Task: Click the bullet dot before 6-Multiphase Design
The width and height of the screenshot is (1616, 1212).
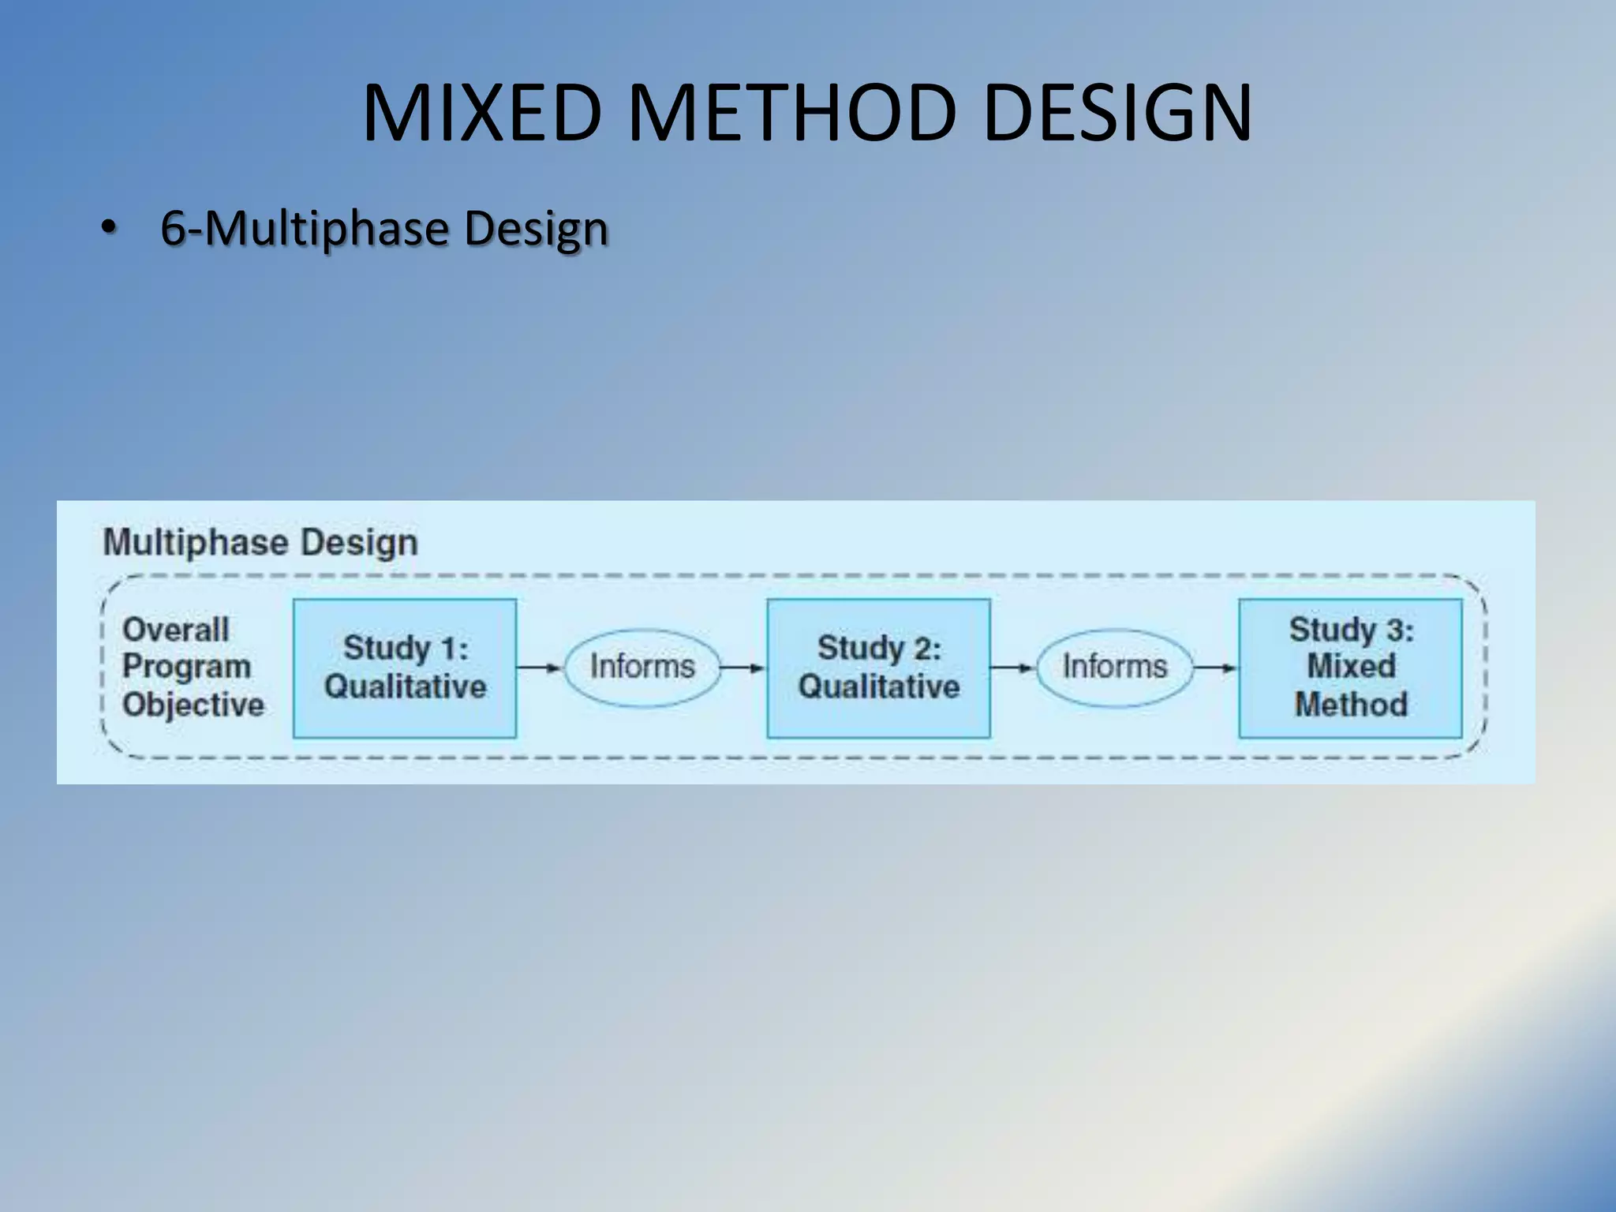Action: pyautogui.click(x=108, y=229)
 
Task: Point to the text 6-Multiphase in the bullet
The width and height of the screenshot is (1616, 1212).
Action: pyautogui.click(x=305, y=229)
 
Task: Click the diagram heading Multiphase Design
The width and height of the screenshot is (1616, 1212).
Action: pyautogui.click(x=260, y=543)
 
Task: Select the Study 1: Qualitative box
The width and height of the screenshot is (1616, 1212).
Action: pyautogui.click(x=405, y=668)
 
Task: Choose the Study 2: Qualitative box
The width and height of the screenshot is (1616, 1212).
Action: pyautogui.click(x=878, y=668)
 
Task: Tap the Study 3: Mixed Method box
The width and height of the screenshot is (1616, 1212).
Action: pyautogui.click(x=1350, y=668)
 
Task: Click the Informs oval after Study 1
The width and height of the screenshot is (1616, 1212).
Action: pyautogui.click(x=642, y=667)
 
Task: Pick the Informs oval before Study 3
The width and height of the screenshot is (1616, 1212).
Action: pyautogui.click(x=1114, y=667)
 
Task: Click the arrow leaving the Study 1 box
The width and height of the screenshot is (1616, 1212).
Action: pyautogui.click(x=539, y=668)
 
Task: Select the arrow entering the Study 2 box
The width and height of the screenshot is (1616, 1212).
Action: pyautogui.click(x=743, y=668)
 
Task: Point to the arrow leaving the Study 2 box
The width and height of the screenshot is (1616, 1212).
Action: pyautogui.click(x=1012, y=668)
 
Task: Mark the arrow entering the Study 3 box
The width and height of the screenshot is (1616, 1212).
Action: pyautogui.click(x=1215, y=668)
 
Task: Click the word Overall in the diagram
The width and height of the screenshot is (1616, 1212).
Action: pyautogui.click(x=176, y=630)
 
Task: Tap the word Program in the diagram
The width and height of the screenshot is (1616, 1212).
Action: pyautogui.click(x=187, y=667)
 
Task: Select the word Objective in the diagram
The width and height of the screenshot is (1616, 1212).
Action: pyautogui.click(x=193, y=705)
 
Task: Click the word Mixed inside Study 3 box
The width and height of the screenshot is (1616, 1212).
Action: pyautogui.click(x=1351, y=666)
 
